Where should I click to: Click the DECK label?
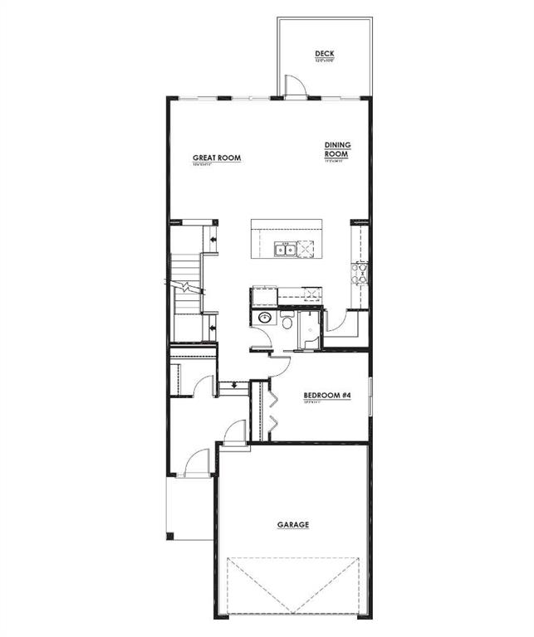pyautogui.click(x=324, y=54)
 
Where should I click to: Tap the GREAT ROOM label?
pyautogui.click(x=217, y=158)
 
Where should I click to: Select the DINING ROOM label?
pyautogui.click(x=337, y=149)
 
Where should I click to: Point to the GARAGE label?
pyautogui.click(x=292, y=524)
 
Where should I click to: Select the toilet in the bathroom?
pyautogui.click(x=287, y=321)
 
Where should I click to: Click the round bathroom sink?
pyautogui.click(x=264, y=318)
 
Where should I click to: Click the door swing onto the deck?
pyautogui.click(x=294, y=86)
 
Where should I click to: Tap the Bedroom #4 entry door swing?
pyautogui.click(x=279, y=366)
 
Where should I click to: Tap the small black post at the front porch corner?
pyautogui.click(x=169, y=536)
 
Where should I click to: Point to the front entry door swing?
pyautogui.click(x=196, y=462)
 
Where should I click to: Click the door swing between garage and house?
pyautogui.click(x=234, y=432)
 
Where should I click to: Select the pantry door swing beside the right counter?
pyautogui.click(x=336, y=322)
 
